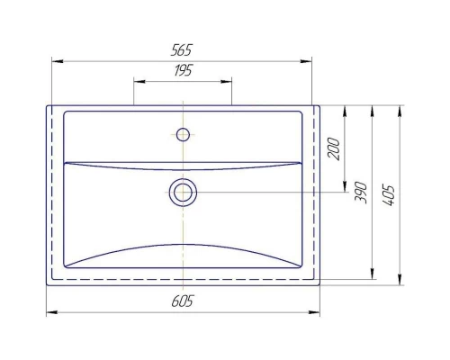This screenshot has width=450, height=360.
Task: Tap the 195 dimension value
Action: coord(183,70)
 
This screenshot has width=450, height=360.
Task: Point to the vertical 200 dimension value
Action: coord(335,149)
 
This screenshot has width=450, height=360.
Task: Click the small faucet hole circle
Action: coord(183,135)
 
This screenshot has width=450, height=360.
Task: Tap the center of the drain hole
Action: coord(183,192)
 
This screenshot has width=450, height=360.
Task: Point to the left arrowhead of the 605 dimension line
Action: coord(49,312)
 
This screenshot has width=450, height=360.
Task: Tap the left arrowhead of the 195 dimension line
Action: coord(138,80)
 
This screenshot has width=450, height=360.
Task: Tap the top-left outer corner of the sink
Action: coord(46,105)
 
